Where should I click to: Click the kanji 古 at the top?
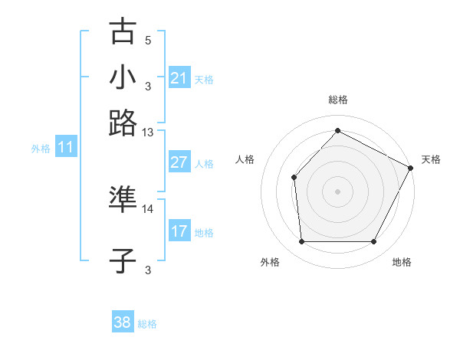pyautogui.click(x=123, y=33)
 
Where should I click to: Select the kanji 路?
pyautogui.click(x=123, y=123)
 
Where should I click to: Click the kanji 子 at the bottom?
pyautogui.click(x=123, y=261)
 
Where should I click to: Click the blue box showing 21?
pyautogui.click(x=179, y=78)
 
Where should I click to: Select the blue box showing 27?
pyautogui.click(x=179, y=162)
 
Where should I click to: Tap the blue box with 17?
pyautogui.click(x=179, y=231)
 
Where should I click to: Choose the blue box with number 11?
pyautogui.click(x=66, y=148)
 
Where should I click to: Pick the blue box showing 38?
pyautogui.click(x=123, y=322)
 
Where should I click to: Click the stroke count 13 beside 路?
pyautogui.click(x=147, y=133)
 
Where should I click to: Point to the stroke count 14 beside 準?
pyautogui.click(x=147, y=208)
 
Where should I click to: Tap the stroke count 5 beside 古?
pyautogui.click(x=148, y=40)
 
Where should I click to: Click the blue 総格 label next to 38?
pyautogui.click(x=147, y=324)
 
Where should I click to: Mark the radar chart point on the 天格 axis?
pyautogui.click(x=410, y=168)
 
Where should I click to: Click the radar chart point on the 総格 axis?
pyautogui.click(x=337, y=130)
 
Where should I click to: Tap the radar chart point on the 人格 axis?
pyautogui.click(x=294, y=178)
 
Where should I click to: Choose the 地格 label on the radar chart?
pyautogui.click(x=402, y=262)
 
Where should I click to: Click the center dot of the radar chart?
pyautogui.click(x=337, y=191)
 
